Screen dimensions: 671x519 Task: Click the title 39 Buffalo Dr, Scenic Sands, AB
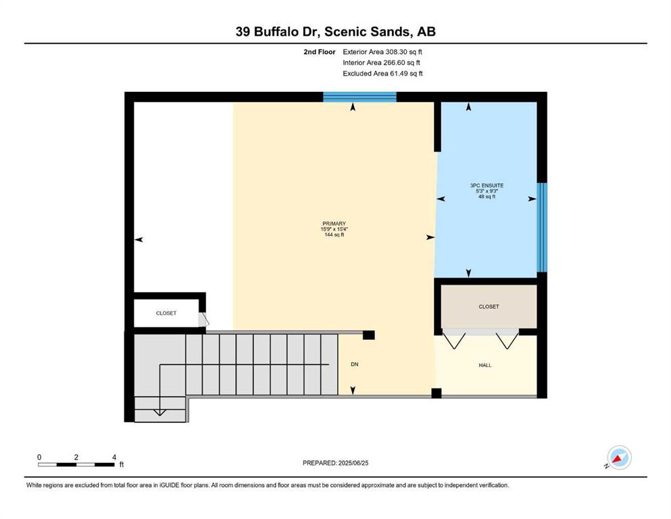335,32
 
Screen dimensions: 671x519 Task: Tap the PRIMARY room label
334,223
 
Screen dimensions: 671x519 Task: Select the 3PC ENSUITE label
487,186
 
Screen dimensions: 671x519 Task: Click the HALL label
485,365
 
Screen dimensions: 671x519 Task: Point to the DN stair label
354,364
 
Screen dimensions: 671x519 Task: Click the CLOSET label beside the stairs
166,313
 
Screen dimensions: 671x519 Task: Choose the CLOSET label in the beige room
489,306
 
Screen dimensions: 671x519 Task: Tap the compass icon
619,458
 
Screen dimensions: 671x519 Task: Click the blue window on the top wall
359,97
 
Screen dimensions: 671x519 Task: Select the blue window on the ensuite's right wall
542,227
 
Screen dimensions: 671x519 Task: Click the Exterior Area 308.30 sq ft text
382,52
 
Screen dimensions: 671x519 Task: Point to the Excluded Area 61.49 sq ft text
382,74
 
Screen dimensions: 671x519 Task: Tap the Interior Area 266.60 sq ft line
381,62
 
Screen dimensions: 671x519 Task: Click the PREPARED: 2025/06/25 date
335,463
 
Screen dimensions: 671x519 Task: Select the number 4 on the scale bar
114,457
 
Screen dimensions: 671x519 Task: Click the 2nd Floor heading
320,52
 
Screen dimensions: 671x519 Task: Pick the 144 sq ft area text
334,234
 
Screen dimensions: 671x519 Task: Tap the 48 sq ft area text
487,197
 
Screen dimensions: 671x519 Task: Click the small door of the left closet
203,320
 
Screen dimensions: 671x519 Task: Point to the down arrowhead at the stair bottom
159,412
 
